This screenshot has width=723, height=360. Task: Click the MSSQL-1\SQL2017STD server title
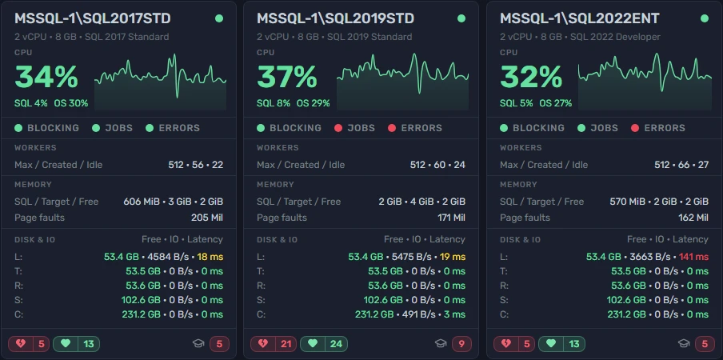[93, 18]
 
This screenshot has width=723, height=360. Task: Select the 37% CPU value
[287, 78]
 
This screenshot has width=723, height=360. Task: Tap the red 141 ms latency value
[693, 256]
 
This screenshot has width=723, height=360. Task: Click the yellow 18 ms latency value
[210, 256]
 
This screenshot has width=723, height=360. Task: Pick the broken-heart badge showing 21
[273, 343]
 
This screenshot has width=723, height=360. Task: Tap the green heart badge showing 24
[324, 343]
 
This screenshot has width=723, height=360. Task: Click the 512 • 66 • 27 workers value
[681, 165]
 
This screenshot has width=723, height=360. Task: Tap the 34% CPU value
[46, 78]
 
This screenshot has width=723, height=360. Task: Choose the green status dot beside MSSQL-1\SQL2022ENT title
[704, 18]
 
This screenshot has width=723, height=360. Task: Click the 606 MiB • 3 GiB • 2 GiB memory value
[174, 202]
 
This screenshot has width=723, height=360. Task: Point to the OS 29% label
[313, 103]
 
